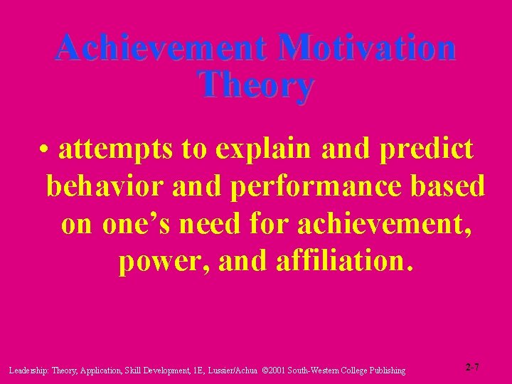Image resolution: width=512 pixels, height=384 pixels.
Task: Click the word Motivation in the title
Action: point(368,48)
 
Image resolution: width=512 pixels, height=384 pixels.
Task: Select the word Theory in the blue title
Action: point(256,85)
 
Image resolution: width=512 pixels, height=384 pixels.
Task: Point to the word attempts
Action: point(117,149)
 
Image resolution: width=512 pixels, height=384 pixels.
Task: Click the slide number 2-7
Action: point(473,367)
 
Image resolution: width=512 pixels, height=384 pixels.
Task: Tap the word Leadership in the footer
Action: point(28,370)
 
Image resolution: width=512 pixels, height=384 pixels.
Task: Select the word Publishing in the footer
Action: point(386,370)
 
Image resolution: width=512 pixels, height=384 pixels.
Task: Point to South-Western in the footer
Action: point(317,370)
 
